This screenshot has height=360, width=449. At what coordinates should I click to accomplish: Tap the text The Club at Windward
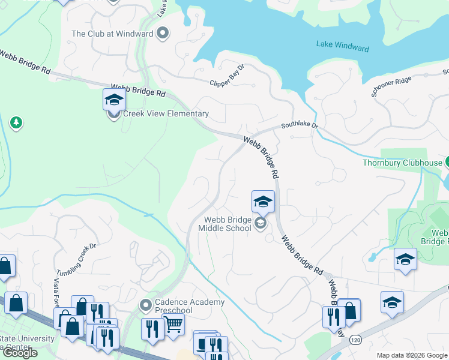tap(112, 34)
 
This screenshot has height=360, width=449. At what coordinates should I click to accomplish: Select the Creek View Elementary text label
tap(166, 113)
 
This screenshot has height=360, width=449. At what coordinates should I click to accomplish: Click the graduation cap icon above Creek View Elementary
tap(114, 100)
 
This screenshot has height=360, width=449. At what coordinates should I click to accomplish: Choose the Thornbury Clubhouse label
tap(402, 162)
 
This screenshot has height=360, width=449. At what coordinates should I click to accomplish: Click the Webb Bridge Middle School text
tap(228, 224)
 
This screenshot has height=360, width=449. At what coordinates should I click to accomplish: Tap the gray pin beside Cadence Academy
tap(145, 306)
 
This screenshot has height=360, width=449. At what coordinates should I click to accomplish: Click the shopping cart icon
tap(173, 325)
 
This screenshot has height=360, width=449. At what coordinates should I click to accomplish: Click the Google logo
tap(20, 353)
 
